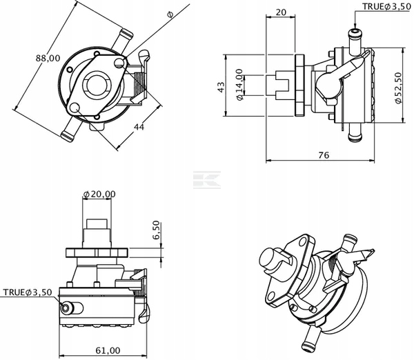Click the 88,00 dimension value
click(48, 58)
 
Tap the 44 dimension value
click(139, 127)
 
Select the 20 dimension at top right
click(281, 12)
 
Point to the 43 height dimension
click(221, 87)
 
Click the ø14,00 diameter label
click(239, 85)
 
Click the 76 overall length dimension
click(324, 155)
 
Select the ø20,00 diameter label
click(99, 194)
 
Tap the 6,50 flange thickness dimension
click(156, 230)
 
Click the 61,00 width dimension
click(108, 350)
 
